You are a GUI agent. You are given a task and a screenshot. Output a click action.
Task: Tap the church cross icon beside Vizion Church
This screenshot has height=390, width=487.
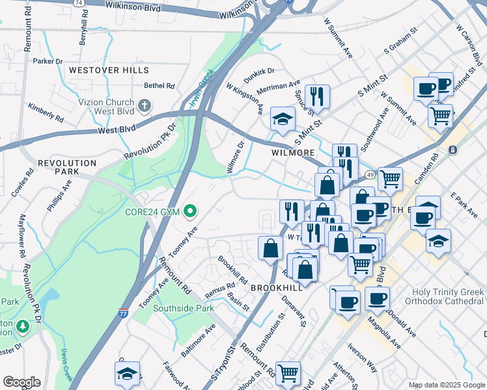pos(145,105)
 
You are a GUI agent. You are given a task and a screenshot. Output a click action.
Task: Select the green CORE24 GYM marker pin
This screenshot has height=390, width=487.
pos(190,211)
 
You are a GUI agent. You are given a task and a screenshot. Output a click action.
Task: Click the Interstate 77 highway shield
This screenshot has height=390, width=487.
pos(123,313)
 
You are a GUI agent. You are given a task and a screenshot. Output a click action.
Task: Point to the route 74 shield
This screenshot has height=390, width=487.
pos(79,3)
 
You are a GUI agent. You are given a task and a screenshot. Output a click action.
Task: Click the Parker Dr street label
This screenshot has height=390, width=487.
pos(48,62)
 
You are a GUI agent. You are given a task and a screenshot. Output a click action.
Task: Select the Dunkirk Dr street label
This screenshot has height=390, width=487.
pos(260,75)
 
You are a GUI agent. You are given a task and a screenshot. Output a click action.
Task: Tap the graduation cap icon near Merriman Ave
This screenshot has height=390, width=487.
pos(283,119)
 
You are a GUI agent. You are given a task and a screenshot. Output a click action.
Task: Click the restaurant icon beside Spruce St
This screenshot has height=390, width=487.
pos(317,96)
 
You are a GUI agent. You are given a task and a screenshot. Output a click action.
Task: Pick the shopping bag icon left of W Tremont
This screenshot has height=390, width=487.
pos(270,248)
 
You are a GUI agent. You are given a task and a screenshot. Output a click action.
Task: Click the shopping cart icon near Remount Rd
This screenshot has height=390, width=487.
pos(288,373)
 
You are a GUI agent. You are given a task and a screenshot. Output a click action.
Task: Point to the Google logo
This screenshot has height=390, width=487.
pos(21,382)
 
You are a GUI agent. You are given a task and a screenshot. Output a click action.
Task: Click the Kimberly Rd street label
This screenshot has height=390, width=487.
pos(45,114)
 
